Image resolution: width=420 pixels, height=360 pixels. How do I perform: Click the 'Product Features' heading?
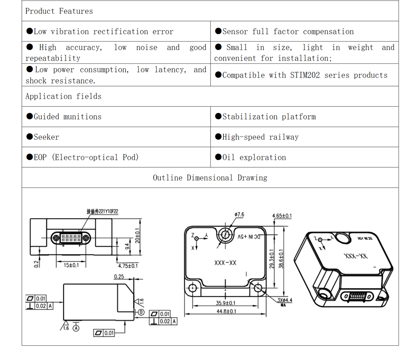pyautogui.click(x=59, y=11)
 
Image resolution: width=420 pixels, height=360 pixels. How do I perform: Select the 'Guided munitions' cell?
pyautogui.click(x=67, y=117)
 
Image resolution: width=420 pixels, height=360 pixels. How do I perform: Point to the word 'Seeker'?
pyautogui.click(x=46, y=137)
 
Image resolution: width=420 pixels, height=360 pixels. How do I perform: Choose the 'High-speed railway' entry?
pyautogui.click(x=260, y=137)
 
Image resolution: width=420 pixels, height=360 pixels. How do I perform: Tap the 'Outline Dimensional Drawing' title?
pyautogui.click(x=210, y=178)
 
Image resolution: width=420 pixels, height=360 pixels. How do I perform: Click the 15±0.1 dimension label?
pyautogui.click(x=71, y=265)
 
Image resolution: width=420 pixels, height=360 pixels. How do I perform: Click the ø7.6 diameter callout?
pyautogui.click(x=239, y=215)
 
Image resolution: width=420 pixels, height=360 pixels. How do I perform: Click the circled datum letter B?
pyautogui.click(x=141, y=312)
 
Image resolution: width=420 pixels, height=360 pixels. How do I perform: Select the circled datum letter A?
pyautogui.click(x=76, y=328)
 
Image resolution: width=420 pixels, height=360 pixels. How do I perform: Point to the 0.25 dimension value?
pyautogui.click(x=119, y=277)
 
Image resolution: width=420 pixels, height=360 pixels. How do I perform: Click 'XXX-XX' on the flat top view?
pyautogui.click(x=225, y=263)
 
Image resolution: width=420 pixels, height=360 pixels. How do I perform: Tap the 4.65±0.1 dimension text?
pyautogui.click(x=282, y=216)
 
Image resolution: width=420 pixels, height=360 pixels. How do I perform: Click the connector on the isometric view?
pyautogui.click(x=357, y=296)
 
